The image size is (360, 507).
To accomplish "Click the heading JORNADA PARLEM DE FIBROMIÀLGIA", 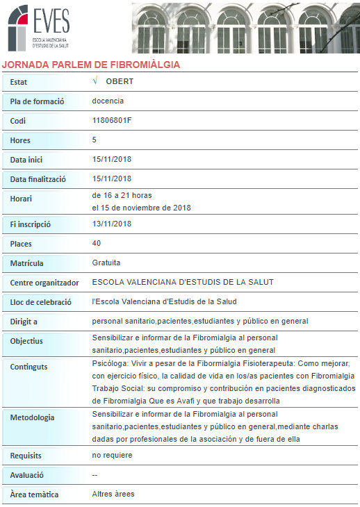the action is pos(91,65).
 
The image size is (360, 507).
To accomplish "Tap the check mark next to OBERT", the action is pos(95,81).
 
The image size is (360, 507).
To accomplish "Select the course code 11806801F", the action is pos(112,120).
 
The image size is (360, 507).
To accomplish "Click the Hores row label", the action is pos(20,140).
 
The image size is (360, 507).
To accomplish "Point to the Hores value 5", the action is pos(95,140).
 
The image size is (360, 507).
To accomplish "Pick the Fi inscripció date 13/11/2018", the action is pos(112,224).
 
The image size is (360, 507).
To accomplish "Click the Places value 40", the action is pos(97,244).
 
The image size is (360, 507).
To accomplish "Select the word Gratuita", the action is pos(106,263).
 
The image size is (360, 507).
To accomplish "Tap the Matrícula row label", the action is pos(26,264).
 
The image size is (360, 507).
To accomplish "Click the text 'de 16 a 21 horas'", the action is pos(122,195).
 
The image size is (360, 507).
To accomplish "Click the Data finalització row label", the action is pos(38,179).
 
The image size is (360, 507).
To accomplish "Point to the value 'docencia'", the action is pos(108,101).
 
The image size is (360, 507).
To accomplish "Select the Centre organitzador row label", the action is pos(45,283).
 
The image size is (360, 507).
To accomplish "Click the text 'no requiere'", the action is pos(112,455).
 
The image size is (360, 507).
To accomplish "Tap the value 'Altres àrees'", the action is pos(113,494).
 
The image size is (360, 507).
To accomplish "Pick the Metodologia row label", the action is pos(32,417).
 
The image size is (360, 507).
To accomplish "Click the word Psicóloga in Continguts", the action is pos(109,363).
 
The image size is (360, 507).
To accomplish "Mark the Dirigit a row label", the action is pos(24,322).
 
